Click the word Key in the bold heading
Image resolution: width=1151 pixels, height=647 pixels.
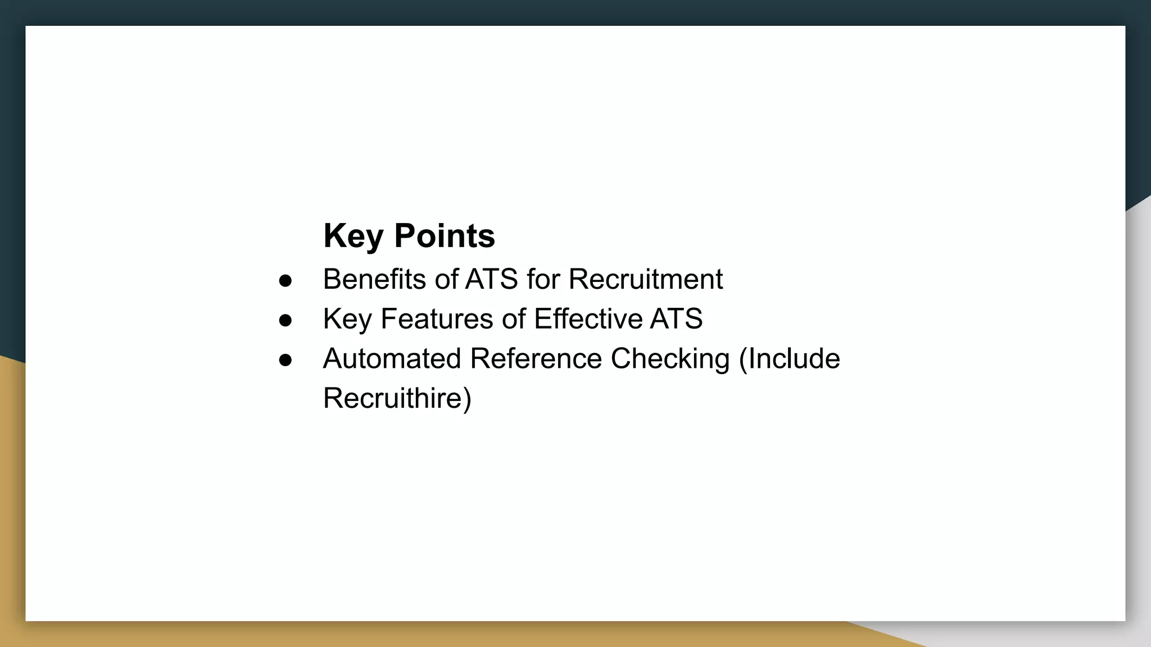coord(353,236)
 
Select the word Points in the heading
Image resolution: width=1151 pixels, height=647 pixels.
coord(445,236)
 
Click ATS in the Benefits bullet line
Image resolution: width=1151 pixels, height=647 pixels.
coord(491,279)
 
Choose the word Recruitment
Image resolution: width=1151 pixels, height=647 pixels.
coord(645,279)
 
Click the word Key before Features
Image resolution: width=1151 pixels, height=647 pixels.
coord(347,320)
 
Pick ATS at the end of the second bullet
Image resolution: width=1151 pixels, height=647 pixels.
coord(676,319)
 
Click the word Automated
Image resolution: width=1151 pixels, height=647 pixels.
coord(392,359)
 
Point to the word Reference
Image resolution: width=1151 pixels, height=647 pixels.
coord(536,359)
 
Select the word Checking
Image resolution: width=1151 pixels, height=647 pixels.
coord(670,359)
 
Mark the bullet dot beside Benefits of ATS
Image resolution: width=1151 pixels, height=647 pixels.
coord(286,281)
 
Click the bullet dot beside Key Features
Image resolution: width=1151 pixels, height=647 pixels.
coord(286,321)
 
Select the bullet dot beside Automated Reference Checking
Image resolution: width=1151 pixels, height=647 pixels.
coord(286,361)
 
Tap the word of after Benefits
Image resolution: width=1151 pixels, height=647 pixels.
coord(446,279)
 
